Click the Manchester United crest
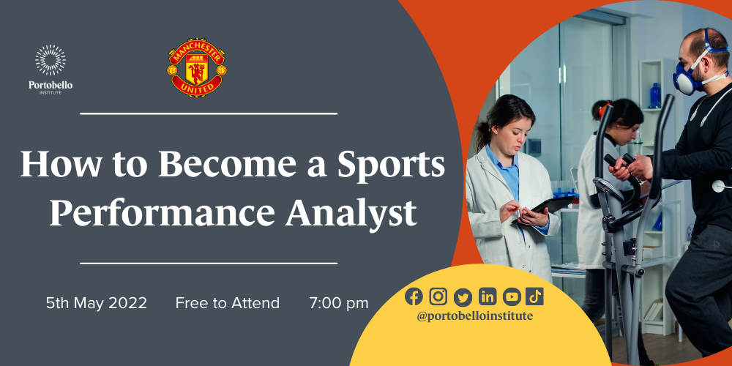196,67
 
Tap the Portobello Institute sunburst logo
51,60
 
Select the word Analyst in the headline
351,212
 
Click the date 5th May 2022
97,304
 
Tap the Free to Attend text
228,304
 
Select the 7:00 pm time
338,304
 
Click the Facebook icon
414,296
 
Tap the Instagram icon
438,296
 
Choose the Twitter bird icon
463,297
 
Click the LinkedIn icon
487,296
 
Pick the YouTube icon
511,296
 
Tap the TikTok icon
534,296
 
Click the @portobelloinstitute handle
475,316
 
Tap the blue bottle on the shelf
655,96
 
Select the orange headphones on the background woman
602,110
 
